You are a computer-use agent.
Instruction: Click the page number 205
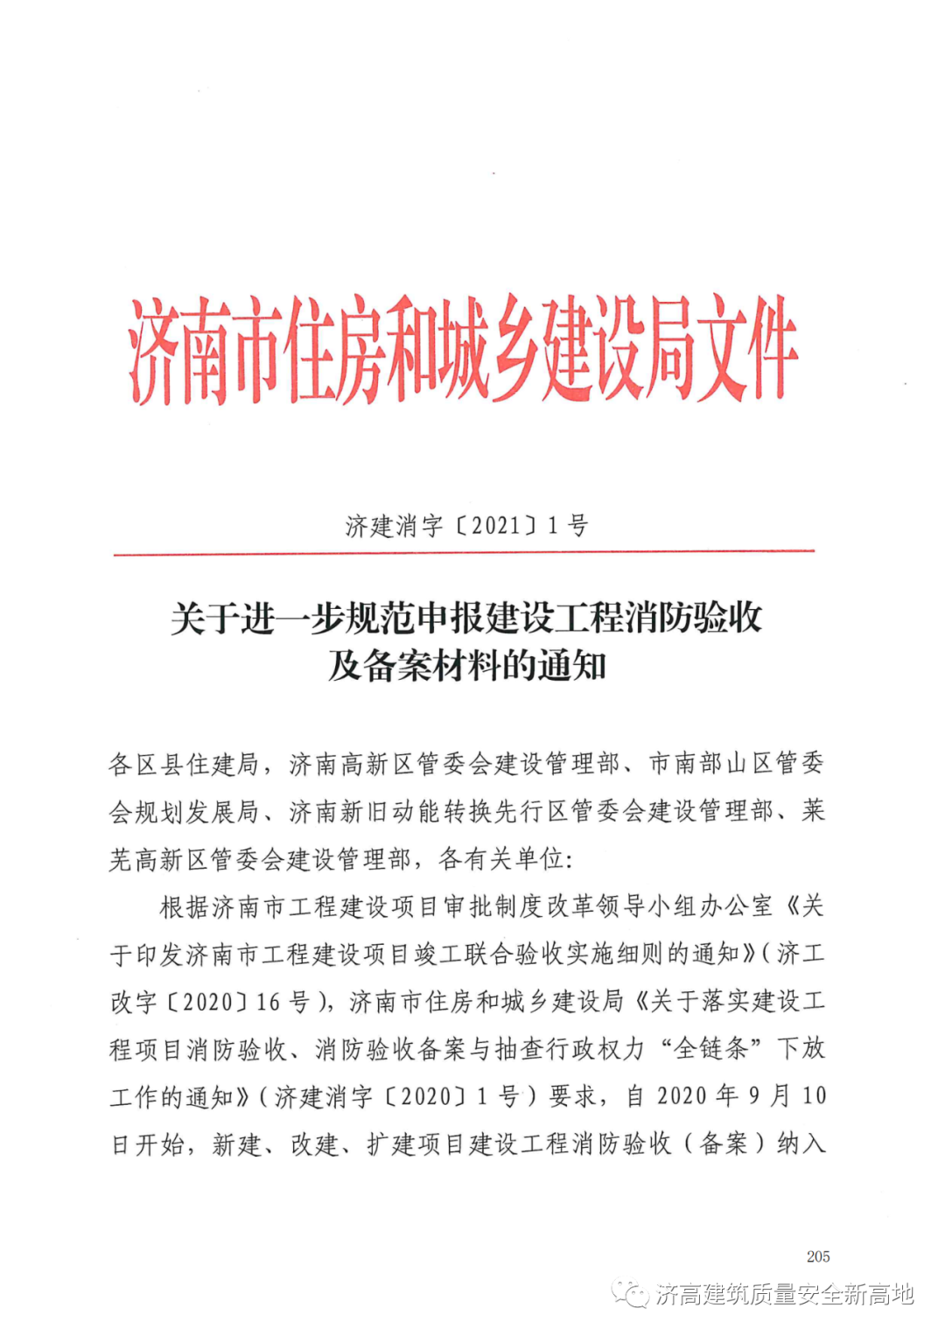818,1256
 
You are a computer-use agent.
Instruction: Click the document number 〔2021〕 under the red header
497,526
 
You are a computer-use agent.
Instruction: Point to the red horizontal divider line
464,552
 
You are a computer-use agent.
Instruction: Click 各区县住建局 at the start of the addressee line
184,765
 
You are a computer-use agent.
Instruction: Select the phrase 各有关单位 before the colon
500,859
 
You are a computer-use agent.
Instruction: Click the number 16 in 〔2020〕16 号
267,1002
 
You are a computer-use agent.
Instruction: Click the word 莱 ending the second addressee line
814,811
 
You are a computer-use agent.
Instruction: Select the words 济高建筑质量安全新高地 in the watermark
785,1294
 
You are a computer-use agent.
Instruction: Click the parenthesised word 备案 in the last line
724,1144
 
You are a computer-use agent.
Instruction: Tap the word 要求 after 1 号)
573,1096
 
